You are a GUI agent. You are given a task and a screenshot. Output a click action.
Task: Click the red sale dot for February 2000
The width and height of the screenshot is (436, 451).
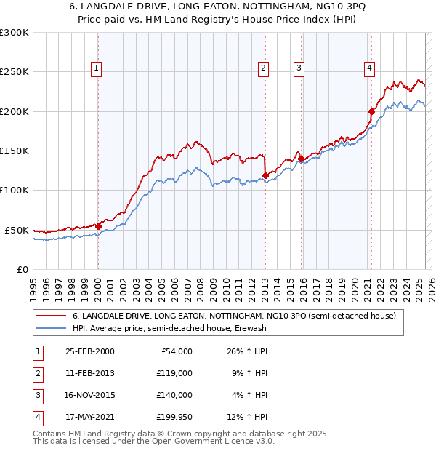(98, 226)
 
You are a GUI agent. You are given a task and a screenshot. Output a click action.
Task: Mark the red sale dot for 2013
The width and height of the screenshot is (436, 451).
(265, 175)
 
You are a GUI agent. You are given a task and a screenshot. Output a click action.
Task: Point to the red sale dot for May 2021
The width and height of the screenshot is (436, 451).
(371, 111)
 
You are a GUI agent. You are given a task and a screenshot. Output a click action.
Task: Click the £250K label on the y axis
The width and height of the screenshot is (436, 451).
(15, 72)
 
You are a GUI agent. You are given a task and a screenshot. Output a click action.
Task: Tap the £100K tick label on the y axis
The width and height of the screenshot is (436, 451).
(15, 190)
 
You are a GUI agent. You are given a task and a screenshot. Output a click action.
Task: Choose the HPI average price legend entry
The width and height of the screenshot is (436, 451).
(169, 329)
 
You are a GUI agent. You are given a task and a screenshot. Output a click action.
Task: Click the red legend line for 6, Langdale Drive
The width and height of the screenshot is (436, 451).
(50, 316)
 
